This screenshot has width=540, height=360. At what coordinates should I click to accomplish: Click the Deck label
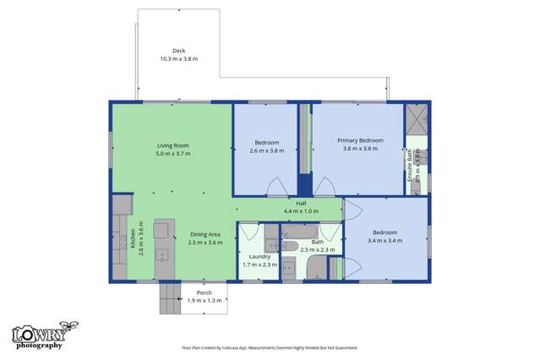178,51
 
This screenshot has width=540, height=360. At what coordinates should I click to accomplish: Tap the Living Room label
172,145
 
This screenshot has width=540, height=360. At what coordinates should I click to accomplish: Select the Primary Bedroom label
360,140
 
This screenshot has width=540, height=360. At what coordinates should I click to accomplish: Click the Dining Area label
205,234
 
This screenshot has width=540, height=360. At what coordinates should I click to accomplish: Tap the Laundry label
259,256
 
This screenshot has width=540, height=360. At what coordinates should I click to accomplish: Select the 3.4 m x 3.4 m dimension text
385,241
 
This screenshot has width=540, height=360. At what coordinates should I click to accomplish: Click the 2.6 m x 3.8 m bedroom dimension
267,150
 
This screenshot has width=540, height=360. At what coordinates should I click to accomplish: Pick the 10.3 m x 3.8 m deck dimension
178,59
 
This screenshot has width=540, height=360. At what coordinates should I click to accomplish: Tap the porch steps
170,297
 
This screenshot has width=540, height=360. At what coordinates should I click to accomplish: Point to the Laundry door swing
249,232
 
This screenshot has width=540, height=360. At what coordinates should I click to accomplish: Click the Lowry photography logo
39,335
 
